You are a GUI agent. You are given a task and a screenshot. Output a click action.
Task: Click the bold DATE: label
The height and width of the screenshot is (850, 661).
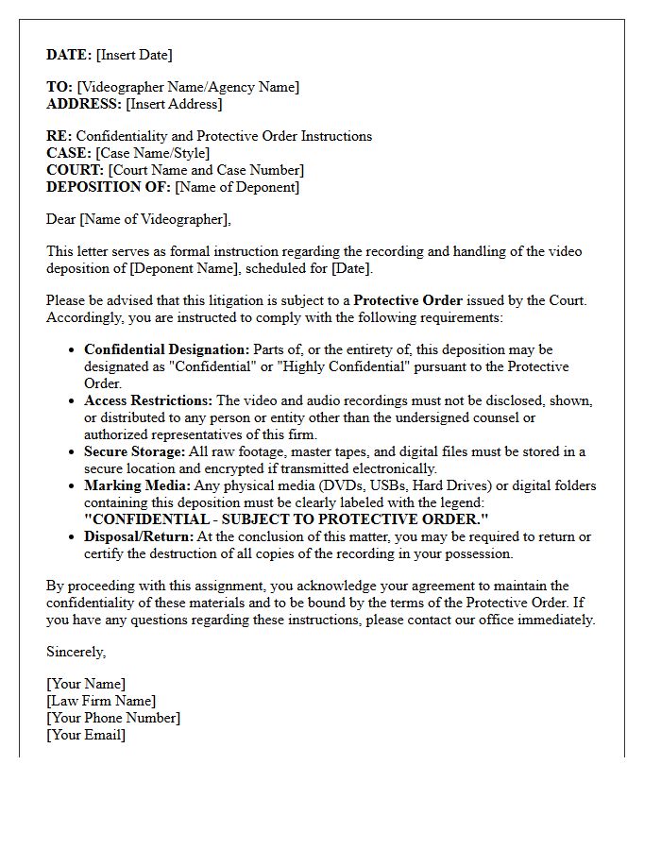[69, 55]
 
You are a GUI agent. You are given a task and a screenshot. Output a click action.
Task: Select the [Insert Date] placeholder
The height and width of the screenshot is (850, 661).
[134, 55]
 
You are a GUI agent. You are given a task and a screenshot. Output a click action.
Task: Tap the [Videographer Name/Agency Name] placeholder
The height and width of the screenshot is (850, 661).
[188, 87]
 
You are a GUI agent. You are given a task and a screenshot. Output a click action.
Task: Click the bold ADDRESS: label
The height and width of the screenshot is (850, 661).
[84, 104]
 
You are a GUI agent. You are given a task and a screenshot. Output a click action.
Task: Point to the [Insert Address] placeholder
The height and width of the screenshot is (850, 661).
[174, 104]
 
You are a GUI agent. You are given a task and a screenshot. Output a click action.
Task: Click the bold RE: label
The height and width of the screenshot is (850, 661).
[59, 136]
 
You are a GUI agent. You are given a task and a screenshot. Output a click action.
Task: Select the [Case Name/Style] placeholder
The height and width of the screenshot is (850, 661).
[153, 153]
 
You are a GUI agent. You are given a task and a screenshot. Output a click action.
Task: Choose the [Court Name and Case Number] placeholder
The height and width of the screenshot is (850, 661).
[206, 170]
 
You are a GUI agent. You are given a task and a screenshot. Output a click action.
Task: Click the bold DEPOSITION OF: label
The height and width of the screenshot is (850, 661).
[109, 187]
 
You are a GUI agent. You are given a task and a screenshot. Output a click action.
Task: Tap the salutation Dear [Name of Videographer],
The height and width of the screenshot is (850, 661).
[138, 219]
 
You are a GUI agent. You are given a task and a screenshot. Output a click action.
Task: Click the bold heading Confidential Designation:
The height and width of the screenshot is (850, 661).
[167, 349]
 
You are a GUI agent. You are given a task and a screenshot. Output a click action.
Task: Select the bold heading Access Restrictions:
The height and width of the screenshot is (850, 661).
[148, 400]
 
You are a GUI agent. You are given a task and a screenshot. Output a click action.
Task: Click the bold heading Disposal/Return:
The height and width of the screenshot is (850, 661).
[139, 536]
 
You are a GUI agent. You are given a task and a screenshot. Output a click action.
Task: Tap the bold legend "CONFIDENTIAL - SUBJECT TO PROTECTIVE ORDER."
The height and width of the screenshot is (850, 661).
[286, 519]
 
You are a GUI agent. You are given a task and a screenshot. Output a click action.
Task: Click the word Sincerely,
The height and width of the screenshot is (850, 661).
[76, 652]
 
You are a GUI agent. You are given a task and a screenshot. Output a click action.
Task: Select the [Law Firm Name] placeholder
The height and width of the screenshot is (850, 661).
[101, 701]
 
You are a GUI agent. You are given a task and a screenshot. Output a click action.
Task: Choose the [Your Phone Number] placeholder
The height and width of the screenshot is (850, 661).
[113, 718]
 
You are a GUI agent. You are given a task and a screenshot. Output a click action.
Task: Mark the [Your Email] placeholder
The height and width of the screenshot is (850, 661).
[86, 735]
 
